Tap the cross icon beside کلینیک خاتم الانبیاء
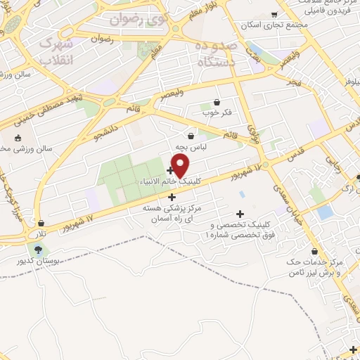pyautogui.click(x=171, y=169)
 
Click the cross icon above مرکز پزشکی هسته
pyautogui.click(x=172, y=198)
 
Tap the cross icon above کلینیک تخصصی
pyautogui.click(x=240, y=213)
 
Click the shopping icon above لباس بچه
pyautogui.click(x=191, y=136)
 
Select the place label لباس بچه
pyautogui.click(x=191, y=148)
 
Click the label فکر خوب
pyautogui.click(x=217, y=112)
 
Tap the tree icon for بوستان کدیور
pyautogui.click(x=37, y=249)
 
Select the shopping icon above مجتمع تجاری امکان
pyautogui.click(x=274, y=14)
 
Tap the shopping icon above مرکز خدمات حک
pyautogui.click(x=314, y=251)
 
